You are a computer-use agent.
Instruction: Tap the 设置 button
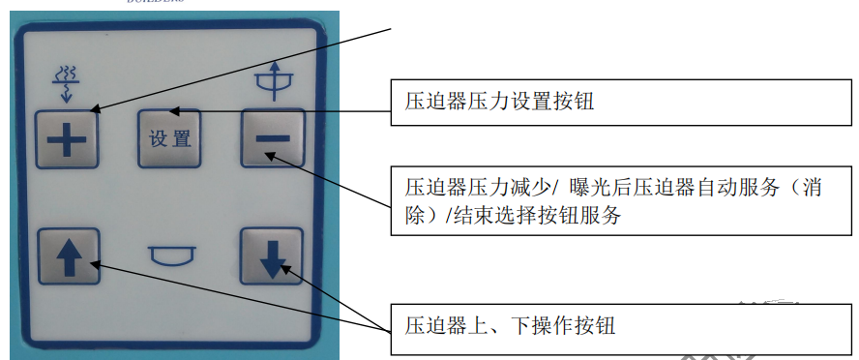(169, 138)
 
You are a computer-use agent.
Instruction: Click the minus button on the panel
(273, 137)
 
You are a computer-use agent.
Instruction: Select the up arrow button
(69, 256)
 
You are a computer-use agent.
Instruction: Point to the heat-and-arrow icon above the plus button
(67, 85)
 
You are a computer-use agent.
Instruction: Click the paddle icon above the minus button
(275, 80)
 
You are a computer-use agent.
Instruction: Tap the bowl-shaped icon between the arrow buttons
(172, 255)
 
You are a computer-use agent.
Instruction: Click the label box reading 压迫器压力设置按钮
(621, 103)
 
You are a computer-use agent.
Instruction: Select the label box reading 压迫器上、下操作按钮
(621, 329)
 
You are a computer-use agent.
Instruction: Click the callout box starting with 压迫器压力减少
(621, 200)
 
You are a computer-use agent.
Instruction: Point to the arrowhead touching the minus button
(271, 156)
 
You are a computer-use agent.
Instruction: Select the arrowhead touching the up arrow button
(96, 264)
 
